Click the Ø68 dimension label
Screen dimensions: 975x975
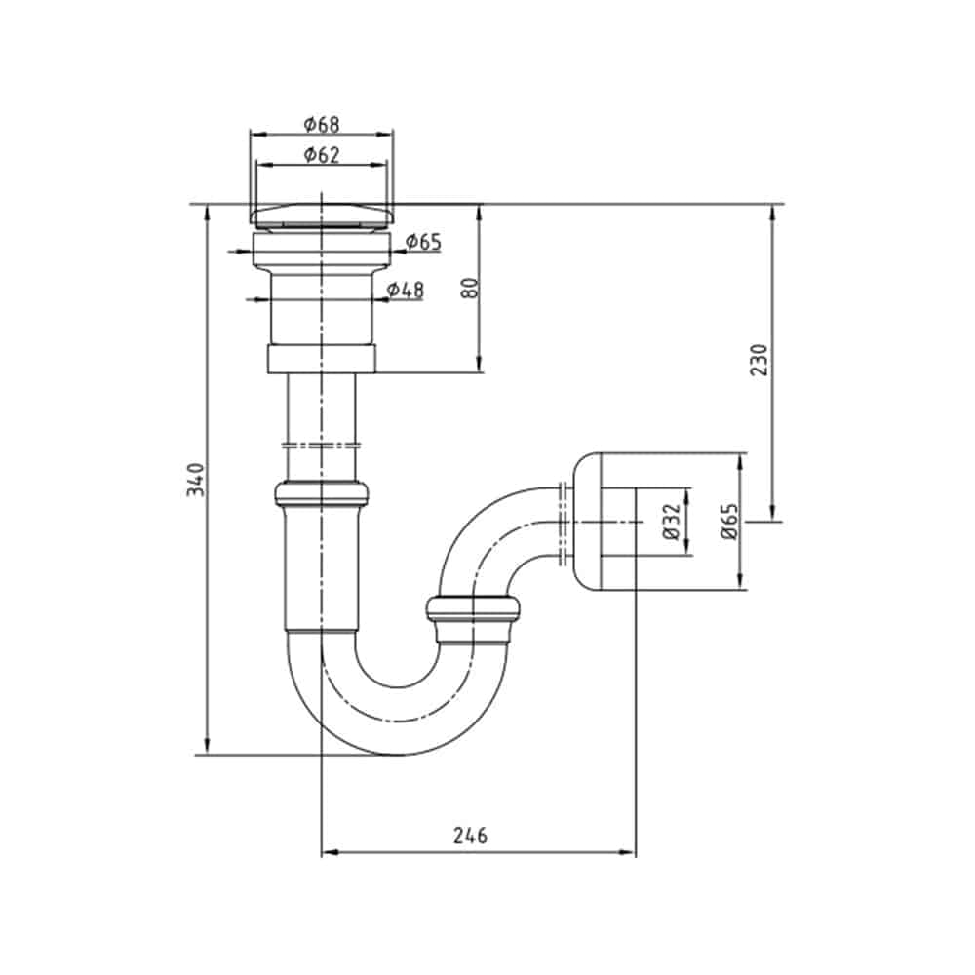click(x=322, y=125)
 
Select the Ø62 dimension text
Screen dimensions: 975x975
click(x=322, y=155)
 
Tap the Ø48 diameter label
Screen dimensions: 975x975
click(x=405, y=290)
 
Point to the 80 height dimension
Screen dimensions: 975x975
click(x=471, y=288)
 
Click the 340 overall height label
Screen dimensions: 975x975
click(x=196, y=480)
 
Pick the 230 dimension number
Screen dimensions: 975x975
click(x=760, y=360)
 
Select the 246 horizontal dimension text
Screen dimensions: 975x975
click(x=470, y=836)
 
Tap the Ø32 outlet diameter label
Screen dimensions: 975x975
click(x=672, y=522)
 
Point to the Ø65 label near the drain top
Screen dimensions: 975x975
click(x=423, y=241)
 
